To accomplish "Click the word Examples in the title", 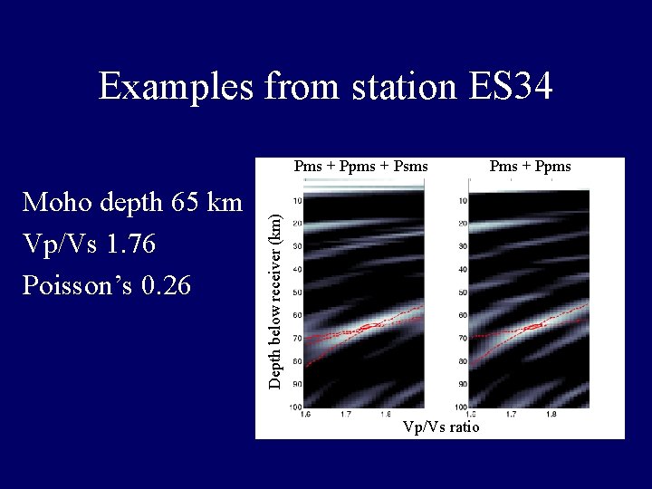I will point(176,88).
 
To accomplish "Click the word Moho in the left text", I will point(58,202).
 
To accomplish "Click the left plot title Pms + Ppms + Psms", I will point(360,166).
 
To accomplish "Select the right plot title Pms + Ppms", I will point(530,166).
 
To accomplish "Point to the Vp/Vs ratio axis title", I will point(441,427).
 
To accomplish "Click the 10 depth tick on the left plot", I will point(297,201).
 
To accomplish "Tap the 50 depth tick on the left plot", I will point(297,292).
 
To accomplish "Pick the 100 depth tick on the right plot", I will point(460,407).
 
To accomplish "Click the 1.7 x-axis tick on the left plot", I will point(346,414).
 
